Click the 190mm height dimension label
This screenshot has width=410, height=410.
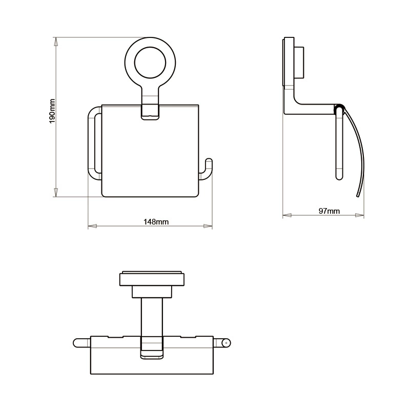[52, 111]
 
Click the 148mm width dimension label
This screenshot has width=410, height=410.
[156, 222]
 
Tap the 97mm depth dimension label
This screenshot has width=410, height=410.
[329, 211]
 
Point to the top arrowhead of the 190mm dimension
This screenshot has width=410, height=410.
[55, 42]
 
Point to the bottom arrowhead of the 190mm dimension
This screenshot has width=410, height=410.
[55, 193]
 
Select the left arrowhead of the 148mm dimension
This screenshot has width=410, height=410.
[92, 226]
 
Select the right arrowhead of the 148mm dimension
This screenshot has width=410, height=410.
[208, 226]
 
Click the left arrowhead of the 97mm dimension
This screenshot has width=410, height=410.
[287, 215]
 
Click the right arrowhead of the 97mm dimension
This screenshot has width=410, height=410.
[360, 215]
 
